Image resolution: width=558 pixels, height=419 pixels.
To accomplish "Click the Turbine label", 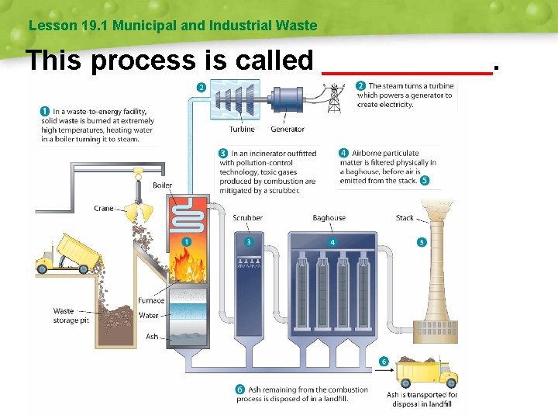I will click(242, 130).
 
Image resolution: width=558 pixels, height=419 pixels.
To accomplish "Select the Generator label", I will click(288, 130).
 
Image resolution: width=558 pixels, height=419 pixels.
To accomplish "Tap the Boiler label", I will click(162, 185).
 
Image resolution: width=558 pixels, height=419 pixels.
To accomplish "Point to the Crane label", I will click(103, 209).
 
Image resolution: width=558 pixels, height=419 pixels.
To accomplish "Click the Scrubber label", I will click(247, 218).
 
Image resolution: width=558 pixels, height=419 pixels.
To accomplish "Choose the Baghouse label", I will click(329, 218).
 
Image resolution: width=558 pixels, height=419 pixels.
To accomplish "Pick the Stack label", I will click(405, 218).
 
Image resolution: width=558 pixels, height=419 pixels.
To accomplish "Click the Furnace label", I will click(151, 300).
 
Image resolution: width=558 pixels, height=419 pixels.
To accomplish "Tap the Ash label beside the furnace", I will click(152, 337).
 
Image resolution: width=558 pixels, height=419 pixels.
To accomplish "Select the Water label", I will click(149, 316).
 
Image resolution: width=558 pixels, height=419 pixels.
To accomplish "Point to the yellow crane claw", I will click(139, 209).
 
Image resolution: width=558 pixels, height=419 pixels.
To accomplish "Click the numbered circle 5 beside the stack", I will click(422, 242).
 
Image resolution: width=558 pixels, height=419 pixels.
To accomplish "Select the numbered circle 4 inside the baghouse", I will click(332, 242).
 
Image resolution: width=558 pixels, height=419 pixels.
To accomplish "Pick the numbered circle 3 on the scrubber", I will click(249, 242).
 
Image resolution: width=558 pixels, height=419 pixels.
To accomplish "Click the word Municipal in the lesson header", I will click(145, 26).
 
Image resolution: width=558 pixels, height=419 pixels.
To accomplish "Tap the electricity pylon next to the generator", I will click(335, 97).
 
